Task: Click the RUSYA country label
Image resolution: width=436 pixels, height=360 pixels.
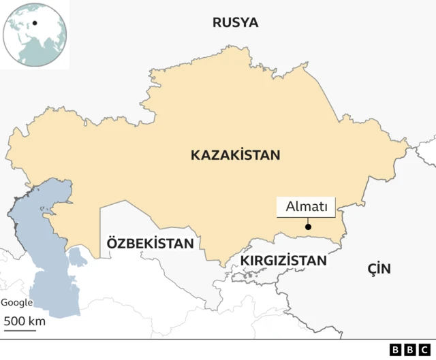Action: [x=235, y=22]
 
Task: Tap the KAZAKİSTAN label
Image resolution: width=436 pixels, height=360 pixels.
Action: [x=235, y=155]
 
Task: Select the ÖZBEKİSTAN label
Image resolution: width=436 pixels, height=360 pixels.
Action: [x=150, y=243]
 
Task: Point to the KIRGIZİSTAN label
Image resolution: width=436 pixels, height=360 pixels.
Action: [x=283, y=260]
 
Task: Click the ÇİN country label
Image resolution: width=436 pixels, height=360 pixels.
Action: [x=379, y=268]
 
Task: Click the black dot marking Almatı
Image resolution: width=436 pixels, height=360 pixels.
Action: [x=308, y=227]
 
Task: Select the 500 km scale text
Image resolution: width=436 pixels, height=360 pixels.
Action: [x=25, y=321]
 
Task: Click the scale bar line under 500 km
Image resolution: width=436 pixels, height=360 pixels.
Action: [x=20, y=331]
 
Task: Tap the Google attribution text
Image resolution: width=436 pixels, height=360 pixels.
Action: [x=16, y=303]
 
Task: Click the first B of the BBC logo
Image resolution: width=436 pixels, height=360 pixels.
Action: [x=396, y=350]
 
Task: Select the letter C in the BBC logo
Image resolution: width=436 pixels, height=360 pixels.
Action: [x=425, y=350]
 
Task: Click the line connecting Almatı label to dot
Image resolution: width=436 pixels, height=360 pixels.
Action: [x=308, y=220]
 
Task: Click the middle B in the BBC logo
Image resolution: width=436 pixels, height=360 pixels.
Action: [x=411, y=350]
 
